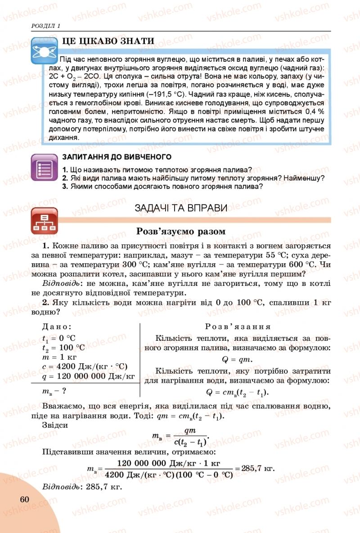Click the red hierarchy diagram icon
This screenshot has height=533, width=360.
point(44,221)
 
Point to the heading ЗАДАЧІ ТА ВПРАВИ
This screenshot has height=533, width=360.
point(181,208)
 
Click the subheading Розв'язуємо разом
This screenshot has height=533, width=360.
point(180,231)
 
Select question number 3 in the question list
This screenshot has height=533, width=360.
point(65,187)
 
